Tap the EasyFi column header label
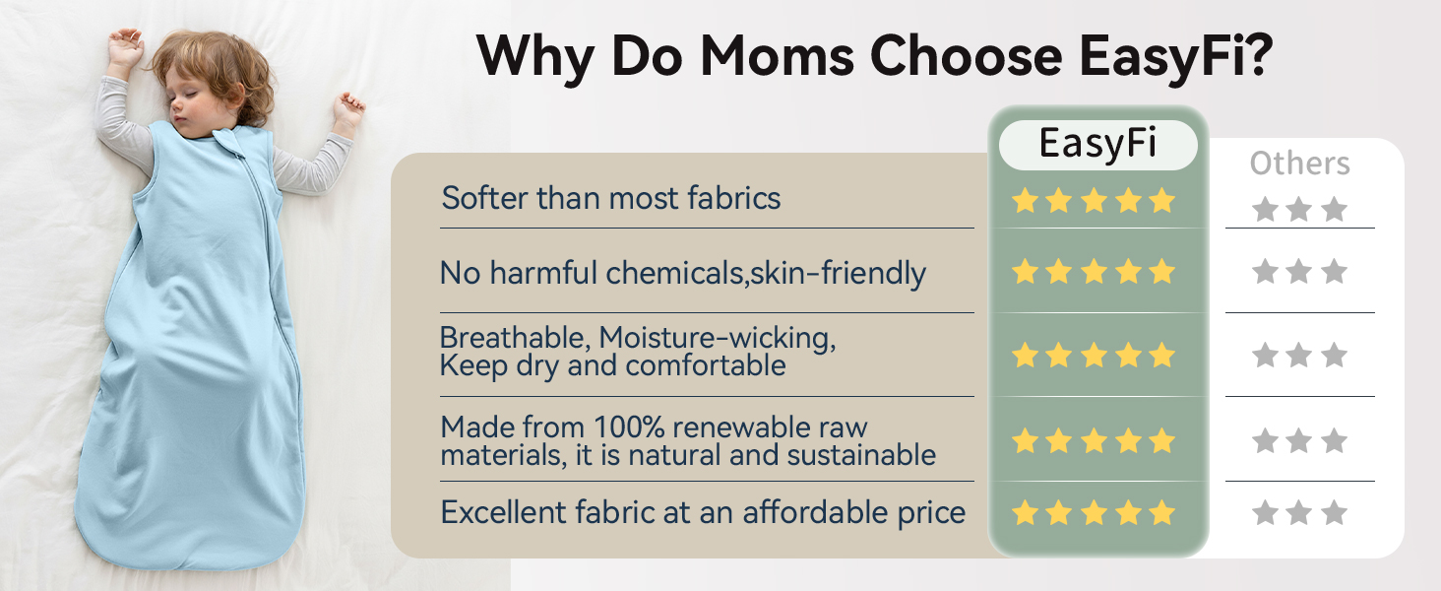click(x=1097, y=145)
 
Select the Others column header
click(x=1300, y=164)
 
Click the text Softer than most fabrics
click(x=610, y=198)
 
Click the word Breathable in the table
click(x=512, y=338)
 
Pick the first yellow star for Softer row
click(x=1026, y=201)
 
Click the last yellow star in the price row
click(x=1162, y=512)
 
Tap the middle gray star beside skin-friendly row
click(x=1299, y=271)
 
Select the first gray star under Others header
click(x=1265, y=209)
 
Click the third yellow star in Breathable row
click(x=1094, y=355)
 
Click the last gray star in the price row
click(x=1334, y=512)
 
